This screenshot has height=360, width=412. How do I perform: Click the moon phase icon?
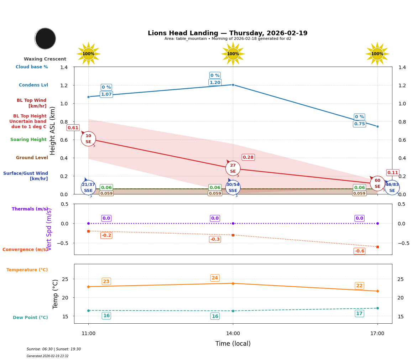[45, 38]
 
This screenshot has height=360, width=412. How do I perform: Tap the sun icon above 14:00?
[233, 54]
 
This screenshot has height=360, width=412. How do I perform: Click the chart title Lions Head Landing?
[228, 33]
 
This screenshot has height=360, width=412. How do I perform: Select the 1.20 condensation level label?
[215, 83]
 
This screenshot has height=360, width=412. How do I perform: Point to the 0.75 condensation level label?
[359, 124]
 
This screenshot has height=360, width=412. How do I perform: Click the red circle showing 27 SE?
[233, 168]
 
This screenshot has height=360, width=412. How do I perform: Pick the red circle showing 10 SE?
[88, 139]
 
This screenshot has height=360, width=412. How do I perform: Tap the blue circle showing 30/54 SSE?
[233, 188]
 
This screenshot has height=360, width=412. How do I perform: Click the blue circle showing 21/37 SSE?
[88, 188]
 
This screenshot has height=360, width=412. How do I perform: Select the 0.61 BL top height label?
[73, 128]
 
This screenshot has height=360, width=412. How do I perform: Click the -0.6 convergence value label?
[359, 251]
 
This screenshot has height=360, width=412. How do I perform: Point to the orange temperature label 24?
[215, 278]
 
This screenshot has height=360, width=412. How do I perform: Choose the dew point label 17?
[359, 314]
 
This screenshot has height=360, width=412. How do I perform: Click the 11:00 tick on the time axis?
[88, 334]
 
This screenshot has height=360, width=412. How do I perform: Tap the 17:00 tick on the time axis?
[377, 334]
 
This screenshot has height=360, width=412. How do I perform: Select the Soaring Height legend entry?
[28, 140]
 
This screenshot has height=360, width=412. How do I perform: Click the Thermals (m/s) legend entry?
[30, 209]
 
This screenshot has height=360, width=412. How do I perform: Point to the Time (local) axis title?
[233, 344]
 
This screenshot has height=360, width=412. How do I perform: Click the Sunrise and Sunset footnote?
[54, 349]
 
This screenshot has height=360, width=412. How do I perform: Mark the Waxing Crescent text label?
[45, 59]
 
